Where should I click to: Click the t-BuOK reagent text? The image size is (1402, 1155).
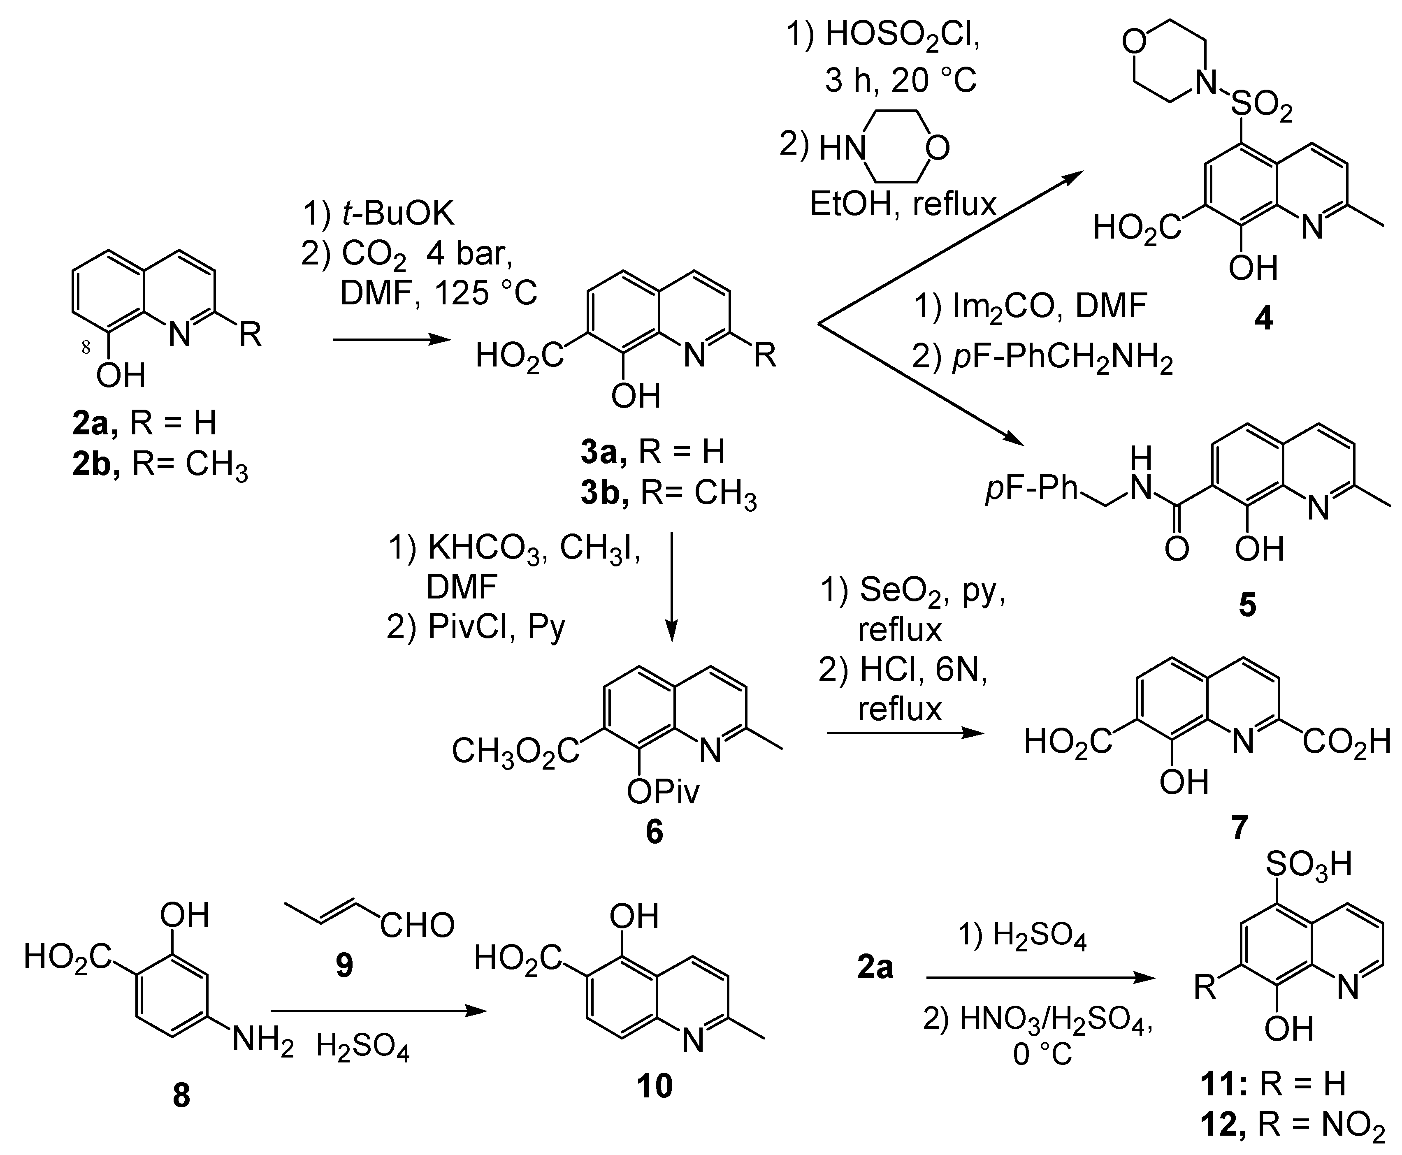397,214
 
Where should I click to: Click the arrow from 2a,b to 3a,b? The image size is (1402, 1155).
389,340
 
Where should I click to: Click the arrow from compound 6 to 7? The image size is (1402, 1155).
904,733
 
